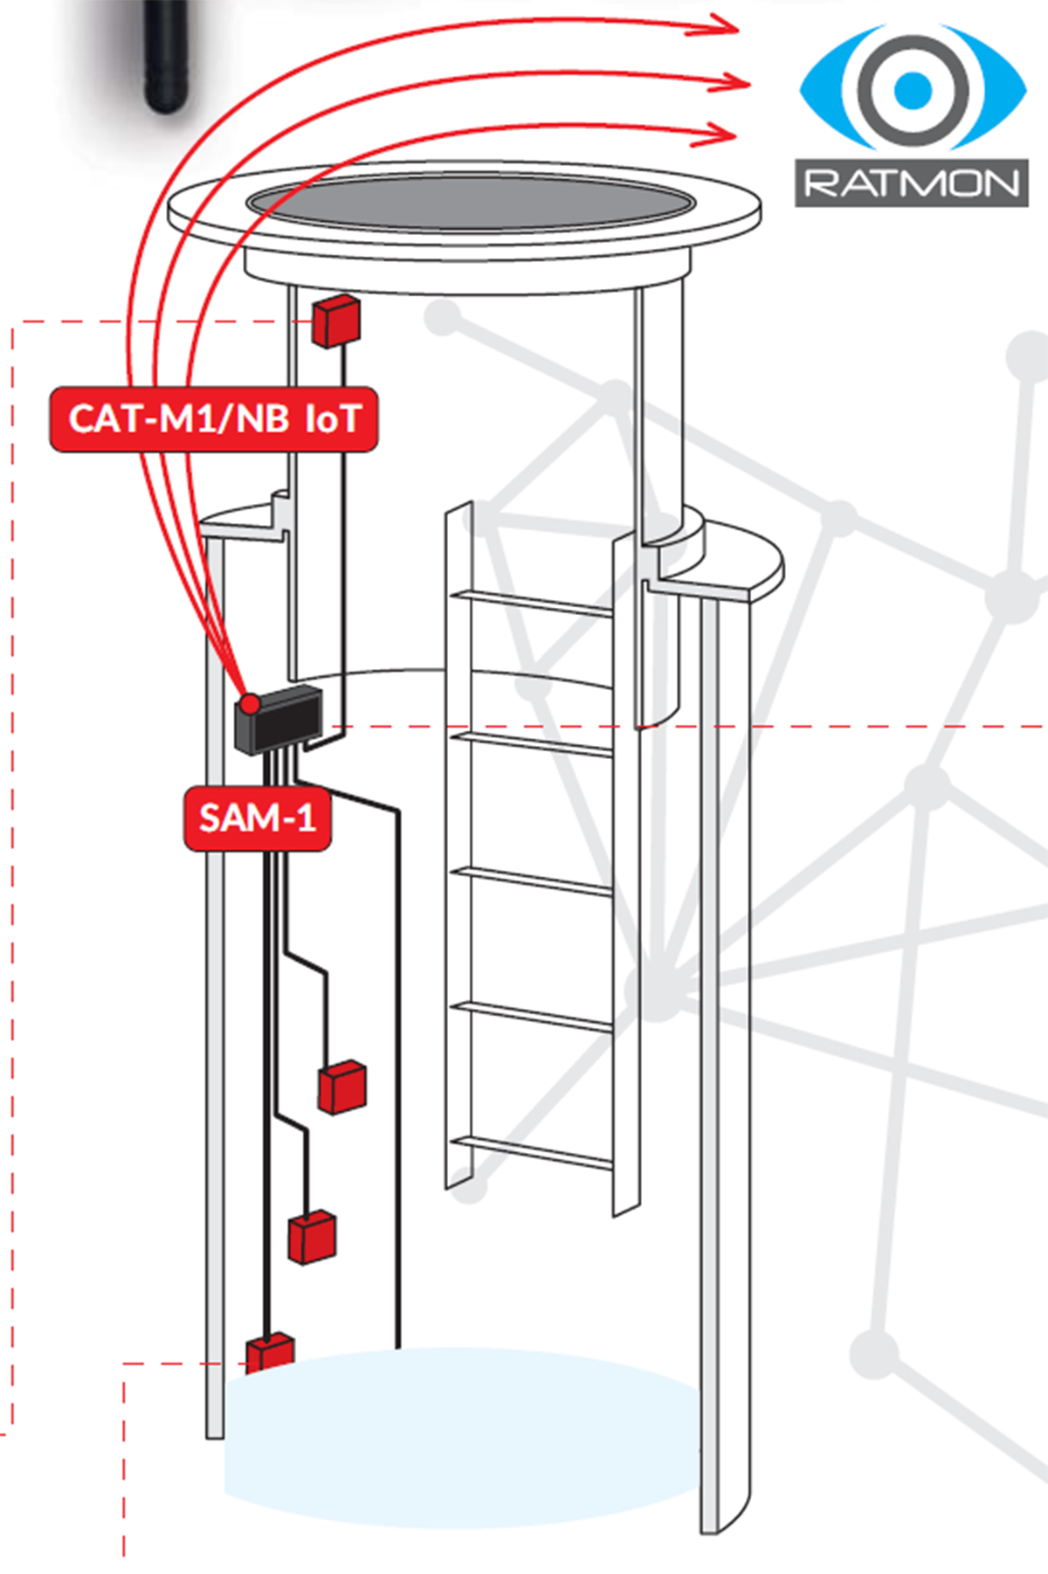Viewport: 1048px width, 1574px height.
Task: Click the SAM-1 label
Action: point(258,818)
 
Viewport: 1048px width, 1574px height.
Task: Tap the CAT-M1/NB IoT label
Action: point(214,419)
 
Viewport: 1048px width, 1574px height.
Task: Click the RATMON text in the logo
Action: point(912,183)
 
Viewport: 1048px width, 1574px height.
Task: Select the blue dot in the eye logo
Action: point(914,87)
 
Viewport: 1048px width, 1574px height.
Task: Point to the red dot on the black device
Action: point(251,704)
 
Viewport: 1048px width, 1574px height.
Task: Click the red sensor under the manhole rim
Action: point(336,321)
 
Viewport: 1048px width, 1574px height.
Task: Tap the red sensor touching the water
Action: point(269,1353)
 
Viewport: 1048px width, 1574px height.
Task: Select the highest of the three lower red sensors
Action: point(342,1087)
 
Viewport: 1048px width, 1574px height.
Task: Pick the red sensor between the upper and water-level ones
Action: point(312,1236)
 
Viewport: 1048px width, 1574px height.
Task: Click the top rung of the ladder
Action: point(532,603)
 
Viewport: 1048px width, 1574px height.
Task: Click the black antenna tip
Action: point(167,100)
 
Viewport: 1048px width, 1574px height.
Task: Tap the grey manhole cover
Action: point(465,205)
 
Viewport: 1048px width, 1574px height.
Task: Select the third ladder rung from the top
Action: point(532,881)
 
